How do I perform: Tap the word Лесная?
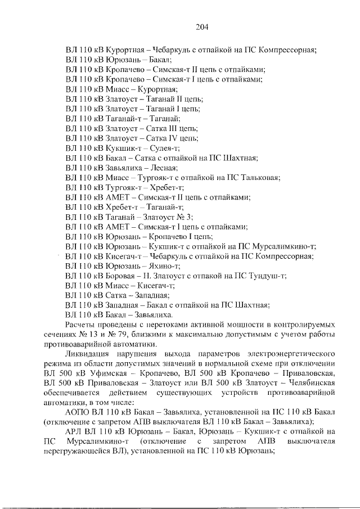click(163, 168)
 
